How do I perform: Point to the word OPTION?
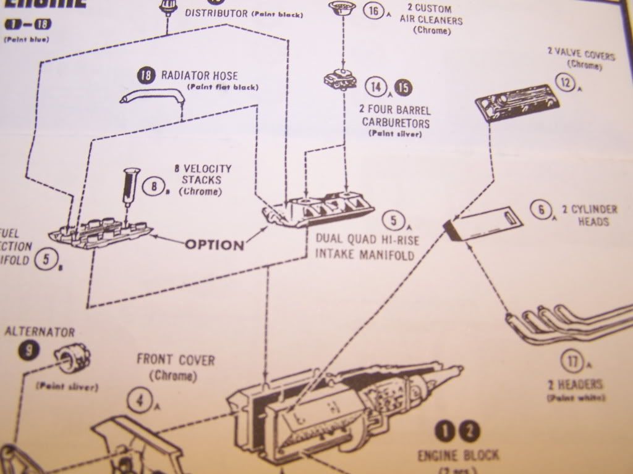tap(215, 245)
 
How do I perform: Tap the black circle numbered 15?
tap(402, 88)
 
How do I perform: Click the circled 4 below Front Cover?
tap(140, 401)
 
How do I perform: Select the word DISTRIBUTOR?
tap(216, 13)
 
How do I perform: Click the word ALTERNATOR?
tap(40, 332)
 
